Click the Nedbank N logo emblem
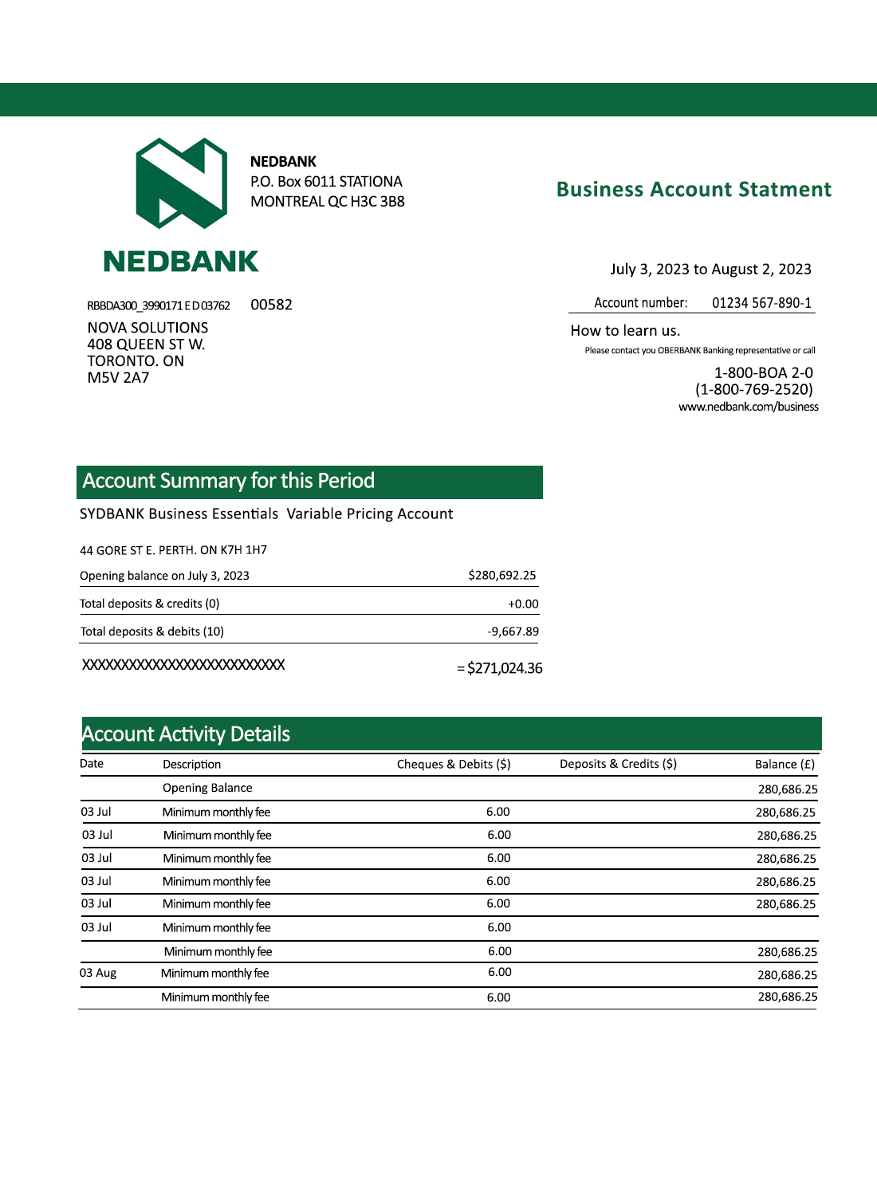click(x=182, y=183)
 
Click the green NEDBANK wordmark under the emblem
click(x=181, y=262)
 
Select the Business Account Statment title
click(x=694, y=190)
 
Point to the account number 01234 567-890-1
click(x=761, y=303)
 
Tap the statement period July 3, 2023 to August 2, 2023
click(x=710, y=270)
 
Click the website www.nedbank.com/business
click(x=748, y=407)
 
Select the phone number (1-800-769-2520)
click(x=753, y=390)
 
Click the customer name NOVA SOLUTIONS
click(x=147, y=328)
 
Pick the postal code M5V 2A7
click(x=118, y=378)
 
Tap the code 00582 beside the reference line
click(x=271, y=305)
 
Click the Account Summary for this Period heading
click(x=229, y=481)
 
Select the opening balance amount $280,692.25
click(x=501, y=576)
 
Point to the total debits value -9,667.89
click(x=513, y=632)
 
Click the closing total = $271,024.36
click(x=500, y=668)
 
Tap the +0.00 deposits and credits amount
click(x=523, y=604)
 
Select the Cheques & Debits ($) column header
click(x=454, y=764)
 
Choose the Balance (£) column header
click(x=785, y=765)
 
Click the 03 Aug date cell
click(x=98, y=974)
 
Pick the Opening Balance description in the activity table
click(x=207, y=788)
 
